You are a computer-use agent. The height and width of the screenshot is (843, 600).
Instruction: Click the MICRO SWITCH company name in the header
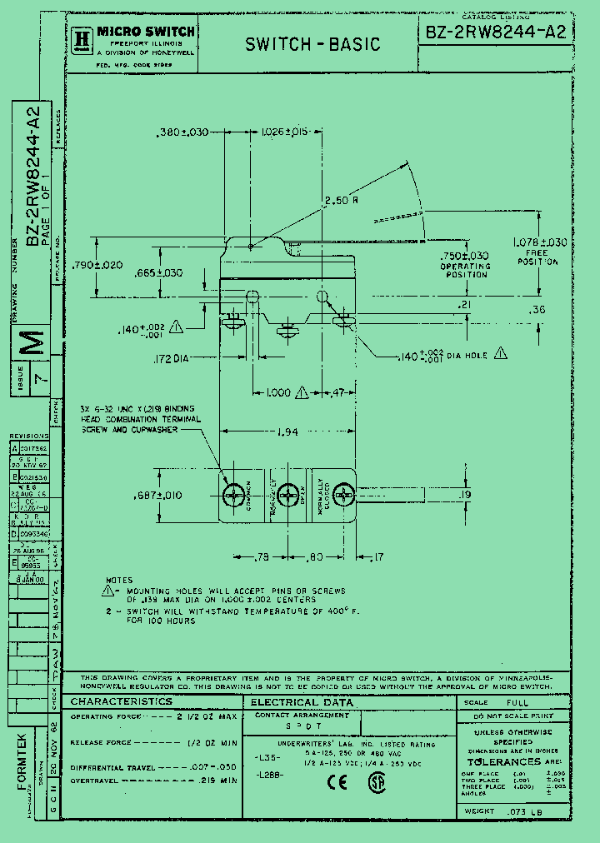click(146, 32)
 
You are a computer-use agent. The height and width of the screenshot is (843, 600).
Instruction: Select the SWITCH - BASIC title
click(312, 44)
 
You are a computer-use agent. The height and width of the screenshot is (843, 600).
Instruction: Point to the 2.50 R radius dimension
click(342, 200)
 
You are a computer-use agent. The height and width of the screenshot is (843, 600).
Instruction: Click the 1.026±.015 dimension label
click(285, 132)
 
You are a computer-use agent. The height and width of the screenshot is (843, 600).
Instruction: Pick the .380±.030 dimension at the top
click(182, 132)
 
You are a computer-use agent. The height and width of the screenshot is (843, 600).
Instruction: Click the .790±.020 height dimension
click(97, 265)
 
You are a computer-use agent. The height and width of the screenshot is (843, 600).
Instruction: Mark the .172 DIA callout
click(172, 358)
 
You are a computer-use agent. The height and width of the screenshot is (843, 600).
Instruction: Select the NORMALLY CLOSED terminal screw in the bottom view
click(342, 496)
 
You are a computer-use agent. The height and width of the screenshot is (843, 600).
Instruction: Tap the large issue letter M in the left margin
click(32, 342)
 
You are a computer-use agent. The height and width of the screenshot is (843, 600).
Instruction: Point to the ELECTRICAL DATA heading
click(302, 703)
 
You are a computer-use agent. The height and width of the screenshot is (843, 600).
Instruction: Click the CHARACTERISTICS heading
click(122, 701)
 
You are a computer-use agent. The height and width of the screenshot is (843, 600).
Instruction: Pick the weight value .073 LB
click(525, 811)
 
